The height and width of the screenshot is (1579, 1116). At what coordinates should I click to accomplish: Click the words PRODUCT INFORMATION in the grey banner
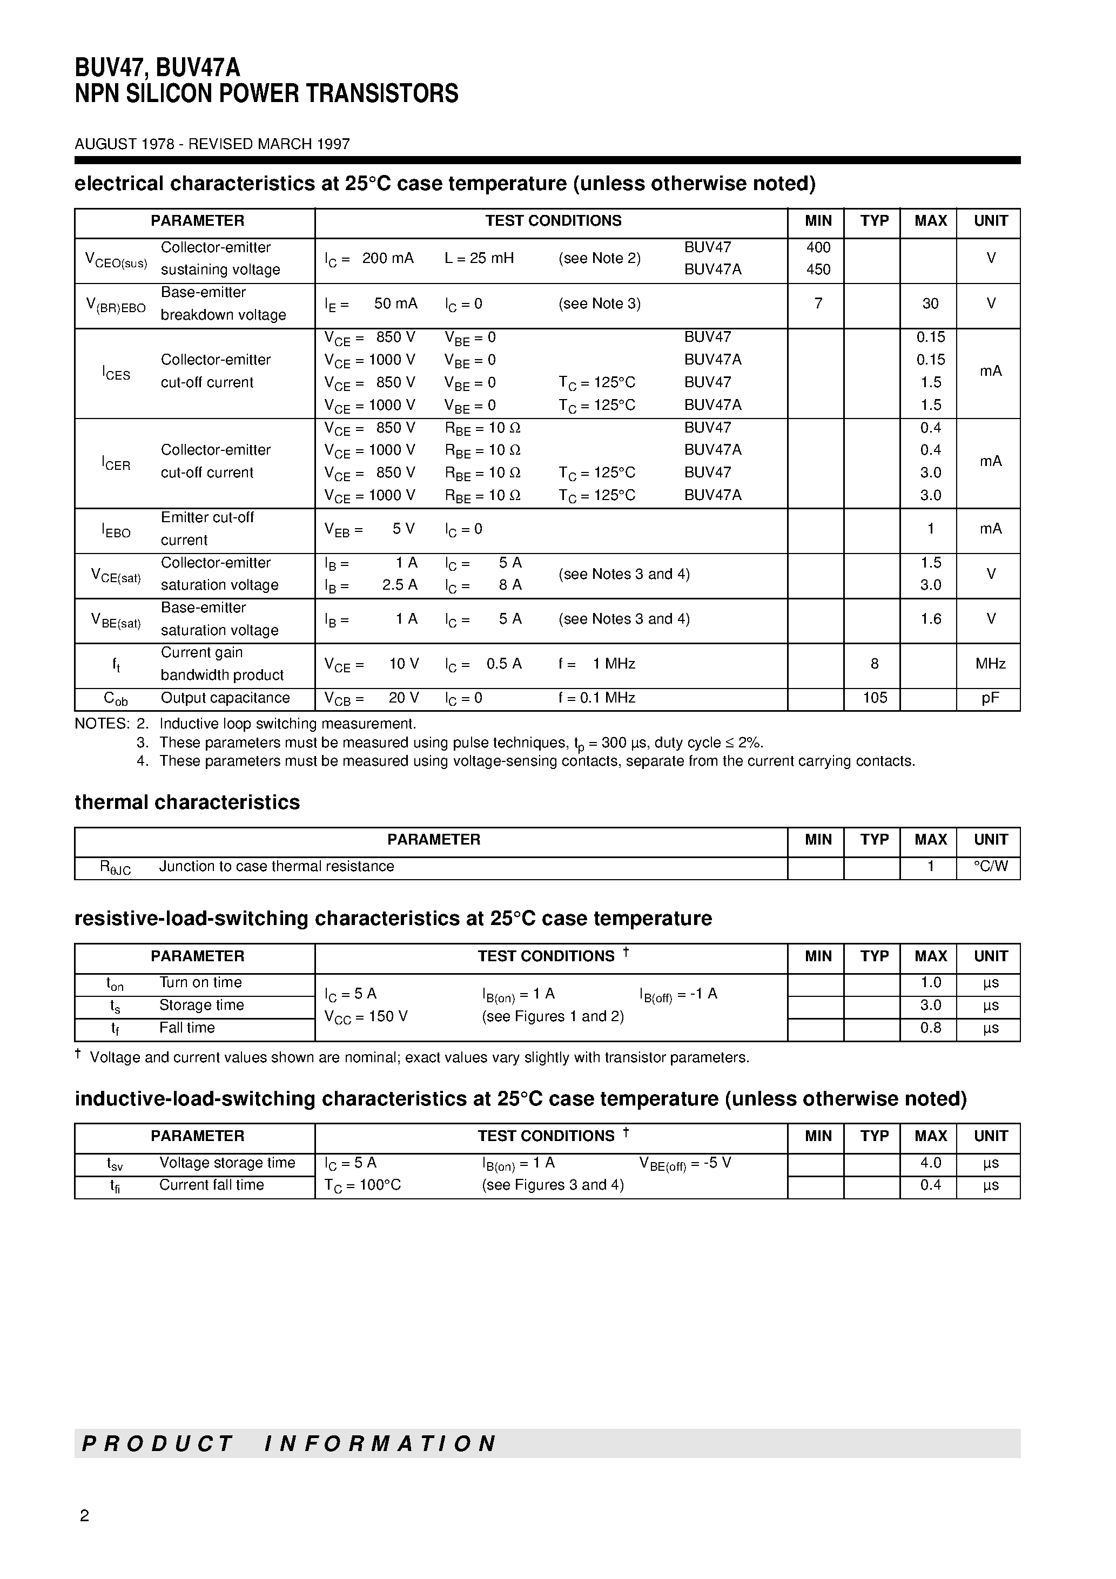289,1443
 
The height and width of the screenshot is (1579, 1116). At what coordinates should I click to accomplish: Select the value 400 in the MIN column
818,247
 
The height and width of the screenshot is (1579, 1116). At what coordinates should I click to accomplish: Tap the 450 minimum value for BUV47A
818,269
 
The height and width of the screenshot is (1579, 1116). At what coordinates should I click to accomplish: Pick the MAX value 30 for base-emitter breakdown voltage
930,303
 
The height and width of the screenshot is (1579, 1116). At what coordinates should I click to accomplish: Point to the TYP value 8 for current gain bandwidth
875,664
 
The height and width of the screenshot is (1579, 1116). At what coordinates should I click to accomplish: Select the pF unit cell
990,698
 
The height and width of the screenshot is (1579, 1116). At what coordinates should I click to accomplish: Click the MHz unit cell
990,664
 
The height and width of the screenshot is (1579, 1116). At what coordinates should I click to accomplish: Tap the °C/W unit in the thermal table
990,867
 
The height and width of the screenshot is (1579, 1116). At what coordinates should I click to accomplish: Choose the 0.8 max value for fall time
930,1028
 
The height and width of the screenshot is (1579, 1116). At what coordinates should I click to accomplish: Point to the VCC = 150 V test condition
366,1016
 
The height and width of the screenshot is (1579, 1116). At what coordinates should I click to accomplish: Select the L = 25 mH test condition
479,258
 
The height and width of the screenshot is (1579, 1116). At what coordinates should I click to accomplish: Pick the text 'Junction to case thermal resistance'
277,867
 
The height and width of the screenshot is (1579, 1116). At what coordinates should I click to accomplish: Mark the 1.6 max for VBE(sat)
930,619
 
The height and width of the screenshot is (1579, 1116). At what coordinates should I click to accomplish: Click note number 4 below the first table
143,761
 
